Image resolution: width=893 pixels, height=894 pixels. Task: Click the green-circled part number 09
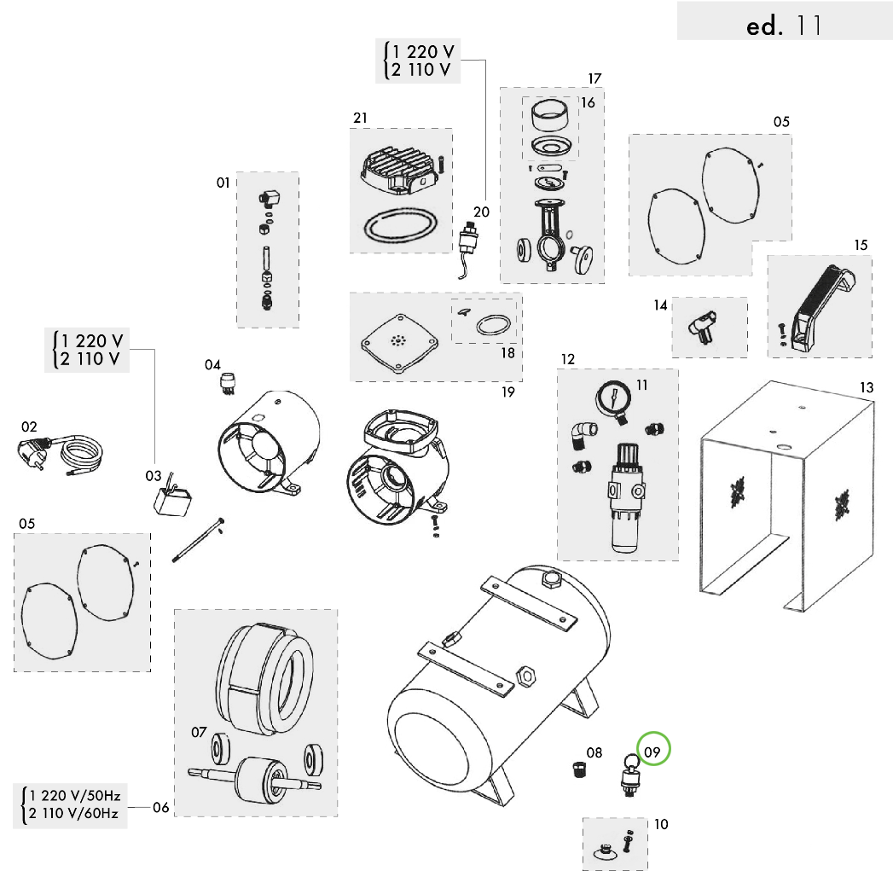click(653, 752)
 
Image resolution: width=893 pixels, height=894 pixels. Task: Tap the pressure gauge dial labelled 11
click(615, 398)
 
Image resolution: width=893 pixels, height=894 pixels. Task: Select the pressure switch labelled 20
click(468, 238)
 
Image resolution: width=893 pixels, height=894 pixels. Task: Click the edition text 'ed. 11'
click(784, 26)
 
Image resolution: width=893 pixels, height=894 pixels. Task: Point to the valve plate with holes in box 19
click(394, 342)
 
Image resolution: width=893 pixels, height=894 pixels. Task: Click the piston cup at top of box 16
click(550, 113)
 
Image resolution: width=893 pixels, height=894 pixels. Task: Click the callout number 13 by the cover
click(866, 388)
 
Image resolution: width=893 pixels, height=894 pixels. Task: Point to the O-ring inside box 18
click(494, 326)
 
